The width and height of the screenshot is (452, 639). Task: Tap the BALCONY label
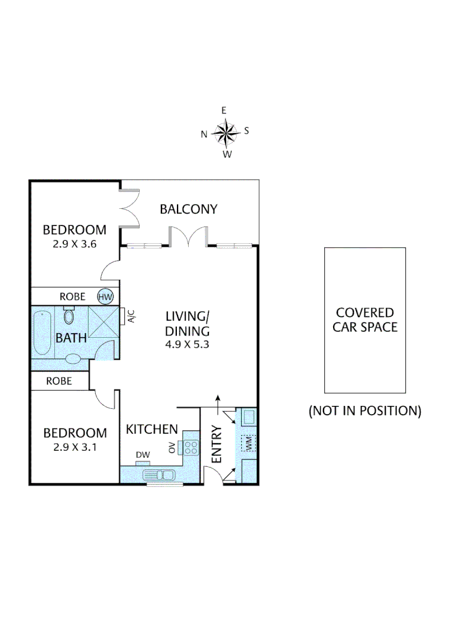(188, 209)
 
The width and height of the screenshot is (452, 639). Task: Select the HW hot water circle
(105, 296)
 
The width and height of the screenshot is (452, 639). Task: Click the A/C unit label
(131, 317)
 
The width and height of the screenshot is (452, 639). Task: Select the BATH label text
(71, 338)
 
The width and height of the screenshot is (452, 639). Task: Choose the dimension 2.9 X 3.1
(75, 447)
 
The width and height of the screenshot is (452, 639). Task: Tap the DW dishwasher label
(143, 454)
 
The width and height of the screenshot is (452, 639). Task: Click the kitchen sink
(160, 475)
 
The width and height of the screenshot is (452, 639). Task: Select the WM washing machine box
(248, 443)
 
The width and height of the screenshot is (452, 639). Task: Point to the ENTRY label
(217, 444)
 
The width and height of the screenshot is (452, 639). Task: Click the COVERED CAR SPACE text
(364, 319)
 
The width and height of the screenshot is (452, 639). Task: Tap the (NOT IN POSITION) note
(364, 411)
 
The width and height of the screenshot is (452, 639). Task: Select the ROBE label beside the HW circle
(72, 296)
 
